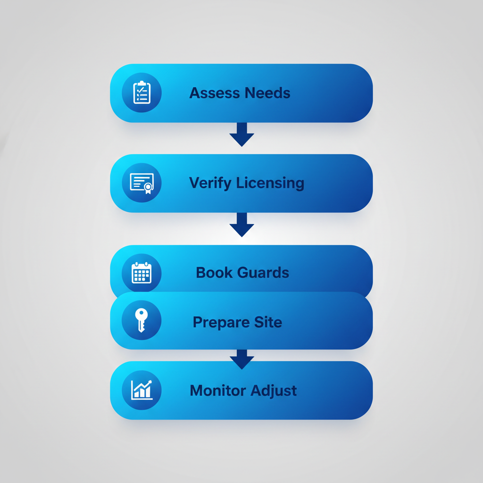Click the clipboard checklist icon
click(x=142, y=93)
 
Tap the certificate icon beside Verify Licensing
click(x=142, y=183)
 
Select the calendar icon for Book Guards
click(x=142, y=273)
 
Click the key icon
click(x=142, y=320)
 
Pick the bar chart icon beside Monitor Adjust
click(x=142, y=390)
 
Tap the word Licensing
click(x=270, y=183)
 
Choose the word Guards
click(x=263, y=273)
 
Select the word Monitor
click(x=218, y=391)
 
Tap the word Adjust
click(x=274, y=391)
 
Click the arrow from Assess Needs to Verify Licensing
click(x=241, y=134)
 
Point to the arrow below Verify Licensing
click(x=241, y=225)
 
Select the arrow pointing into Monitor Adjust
click(x=241, y=359)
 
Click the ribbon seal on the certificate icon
click(x=148, y=187)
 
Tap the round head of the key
click(x=142, y=315)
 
